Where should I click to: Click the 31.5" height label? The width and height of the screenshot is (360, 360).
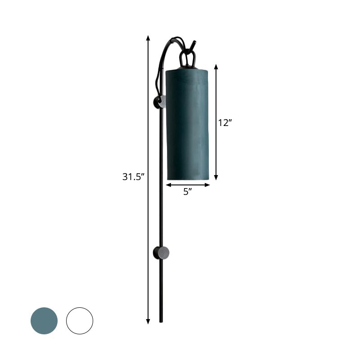point(133,177)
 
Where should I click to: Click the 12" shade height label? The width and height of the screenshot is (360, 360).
point(225,122)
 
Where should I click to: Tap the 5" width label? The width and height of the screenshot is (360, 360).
point(188,192)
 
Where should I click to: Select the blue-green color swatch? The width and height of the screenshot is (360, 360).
point(44,321)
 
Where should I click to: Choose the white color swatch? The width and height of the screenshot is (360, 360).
point(80,321)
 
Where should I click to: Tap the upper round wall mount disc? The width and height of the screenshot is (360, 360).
point(160,102)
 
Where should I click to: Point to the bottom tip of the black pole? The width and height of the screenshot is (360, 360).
point(162,321)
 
